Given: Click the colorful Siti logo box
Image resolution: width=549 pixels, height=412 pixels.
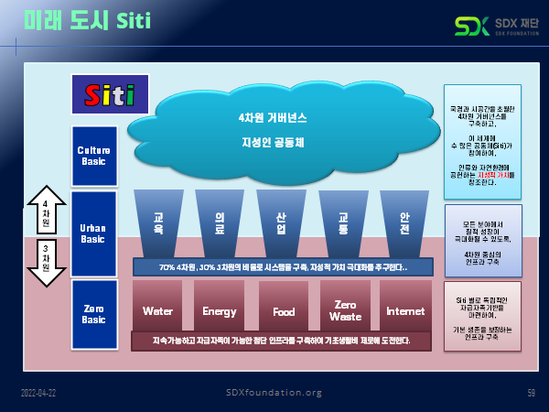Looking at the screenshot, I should pos(103,94).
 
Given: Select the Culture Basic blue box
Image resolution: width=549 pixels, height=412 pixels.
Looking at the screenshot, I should pos(93,156).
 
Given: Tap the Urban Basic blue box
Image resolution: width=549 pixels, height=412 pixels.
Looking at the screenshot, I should pos(93,233).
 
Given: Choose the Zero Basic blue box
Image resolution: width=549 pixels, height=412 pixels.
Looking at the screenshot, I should pos(93,314).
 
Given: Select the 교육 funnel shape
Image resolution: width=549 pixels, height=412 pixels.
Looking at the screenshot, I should pos(159,222).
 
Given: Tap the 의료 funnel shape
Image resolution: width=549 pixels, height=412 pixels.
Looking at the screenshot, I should pos(220,222).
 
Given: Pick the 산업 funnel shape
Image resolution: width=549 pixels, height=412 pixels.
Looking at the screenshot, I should pos(281,222).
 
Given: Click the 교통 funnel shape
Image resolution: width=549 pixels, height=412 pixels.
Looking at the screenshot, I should pos(342,222).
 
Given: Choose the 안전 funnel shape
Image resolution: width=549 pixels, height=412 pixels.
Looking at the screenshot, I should pos(404,222).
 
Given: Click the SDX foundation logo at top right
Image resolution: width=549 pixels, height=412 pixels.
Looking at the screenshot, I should pos(494,25).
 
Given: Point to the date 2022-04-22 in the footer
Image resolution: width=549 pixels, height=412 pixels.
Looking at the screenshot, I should pos(40,393).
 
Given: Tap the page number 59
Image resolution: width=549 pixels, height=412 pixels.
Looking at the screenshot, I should pos(531,393).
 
